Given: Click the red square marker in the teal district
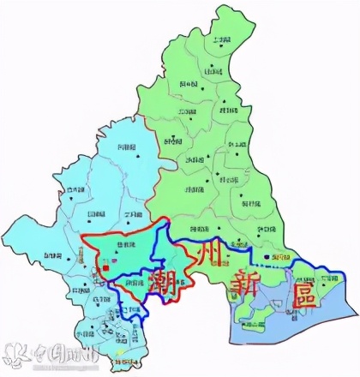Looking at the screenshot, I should (102, 268).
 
